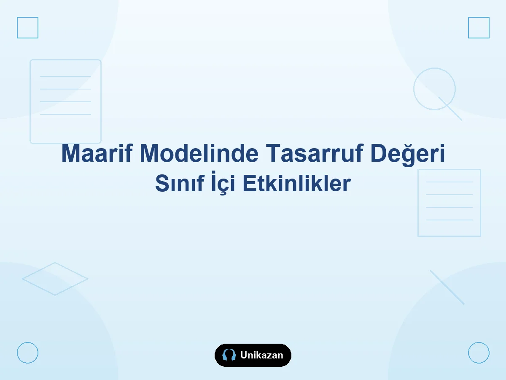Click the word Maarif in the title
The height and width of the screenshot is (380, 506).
click(x=97, y=153)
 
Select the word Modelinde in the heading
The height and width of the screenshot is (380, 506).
click(x=199, y=153)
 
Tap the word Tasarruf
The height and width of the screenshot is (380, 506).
click(x=315, y=153)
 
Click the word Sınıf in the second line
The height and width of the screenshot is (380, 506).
click(x=180, y=183)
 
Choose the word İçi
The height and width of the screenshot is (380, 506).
click(x=223, y=183)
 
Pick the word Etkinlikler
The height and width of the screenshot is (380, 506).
click(x=296, y=183)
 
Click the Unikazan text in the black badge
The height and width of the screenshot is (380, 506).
click(x=262, y=355)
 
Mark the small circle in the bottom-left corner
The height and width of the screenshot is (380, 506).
click(x=17, y=353)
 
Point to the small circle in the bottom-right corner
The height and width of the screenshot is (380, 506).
click(x=468, y=353)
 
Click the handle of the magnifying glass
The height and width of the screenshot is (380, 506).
click(x=450, y=109)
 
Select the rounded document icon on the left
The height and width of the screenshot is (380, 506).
click(x=30, y=101)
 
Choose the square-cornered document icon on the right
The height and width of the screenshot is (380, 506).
click(x=418, y=203)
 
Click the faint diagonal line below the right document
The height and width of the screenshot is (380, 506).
click(x=447, y=288)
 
